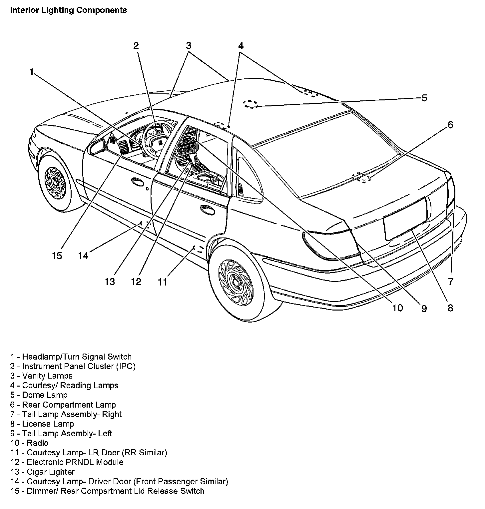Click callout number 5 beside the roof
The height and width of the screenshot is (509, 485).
pos(424,98)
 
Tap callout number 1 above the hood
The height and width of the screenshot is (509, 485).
pos(32,72)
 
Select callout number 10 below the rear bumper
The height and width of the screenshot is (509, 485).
pos(397,308)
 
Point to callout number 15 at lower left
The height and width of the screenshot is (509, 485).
pos(57,256)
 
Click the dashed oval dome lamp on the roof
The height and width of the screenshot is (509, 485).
pos(250,104)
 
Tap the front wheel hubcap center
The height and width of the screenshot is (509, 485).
pos(55,183)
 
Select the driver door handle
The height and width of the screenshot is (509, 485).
pos(137,182)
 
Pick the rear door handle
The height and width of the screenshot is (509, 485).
pos(208,209)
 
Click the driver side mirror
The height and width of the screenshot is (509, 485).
pos(97,147)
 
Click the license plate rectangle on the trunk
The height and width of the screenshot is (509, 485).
pos(405,218)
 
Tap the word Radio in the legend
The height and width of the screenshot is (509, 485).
pos(38,443)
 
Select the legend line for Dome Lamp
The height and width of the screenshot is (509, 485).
pos(39,395)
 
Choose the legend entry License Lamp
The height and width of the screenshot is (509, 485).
pos(42,424)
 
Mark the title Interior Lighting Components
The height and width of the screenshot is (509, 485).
pos(69,10)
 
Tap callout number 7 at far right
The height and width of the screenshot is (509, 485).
pos(450,282)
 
